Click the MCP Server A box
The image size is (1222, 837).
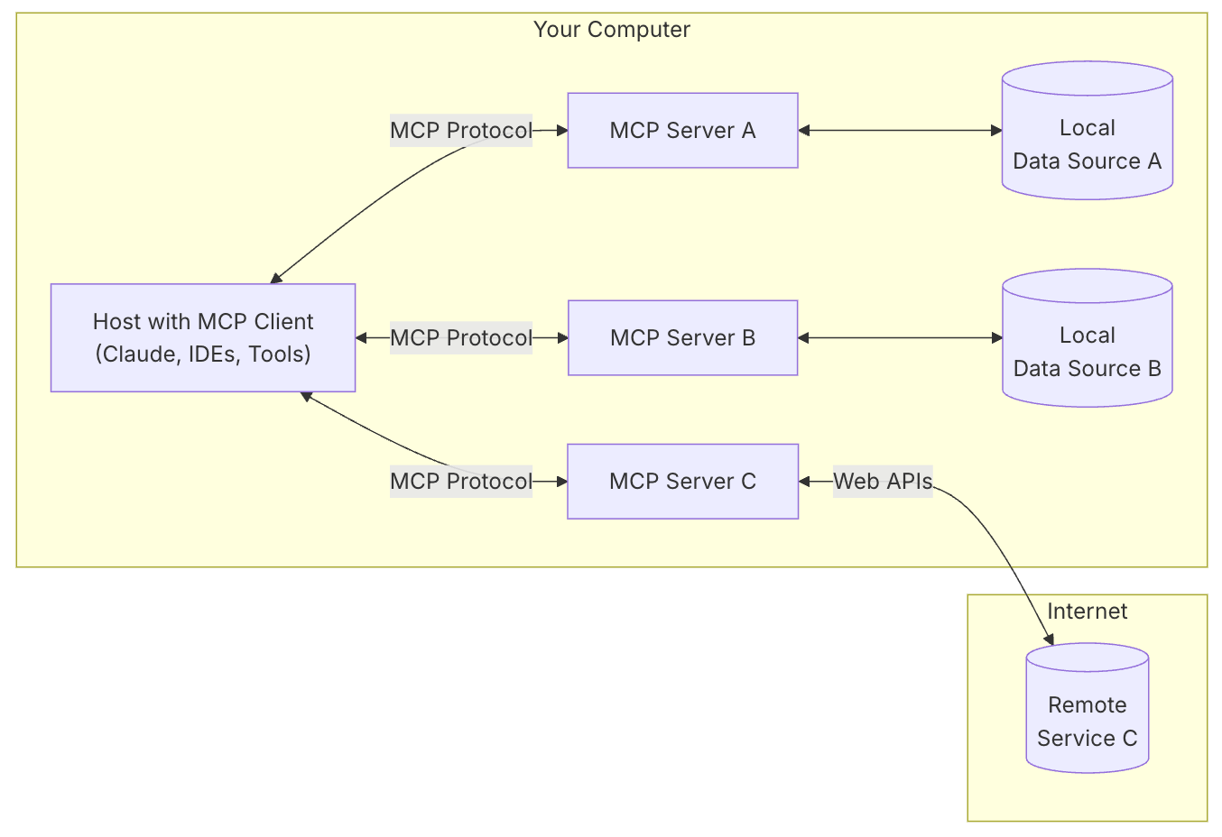tap(682, 131)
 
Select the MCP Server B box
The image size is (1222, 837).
tap(682, 338)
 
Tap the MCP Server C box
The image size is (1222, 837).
tap(682, 482)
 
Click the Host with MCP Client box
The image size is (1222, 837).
tap(203, 338)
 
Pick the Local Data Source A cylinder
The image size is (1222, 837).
tap(1087, 144)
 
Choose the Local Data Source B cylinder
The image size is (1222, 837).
tap(1087, 352)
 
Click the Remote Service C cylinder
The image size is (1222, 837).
tap(1087, 722)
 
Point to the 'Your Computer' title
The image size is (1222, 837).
tap(611, 30)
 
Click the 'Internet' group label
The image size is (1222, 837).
tap(1087, 612)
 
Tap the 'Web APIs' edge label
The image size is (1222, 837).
tap(882, 482)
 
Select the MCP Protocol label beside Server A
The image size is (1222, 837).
tap(460, 131)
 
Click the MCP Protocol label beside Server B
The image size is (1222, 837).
tap(460, 338)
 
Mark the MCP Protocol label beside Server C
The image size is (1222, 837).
tap(460, 482)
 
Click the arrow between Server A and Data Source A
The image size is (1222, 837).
tap(900, 131)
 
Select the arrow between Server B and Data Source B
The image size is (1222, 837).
tap(900, 338)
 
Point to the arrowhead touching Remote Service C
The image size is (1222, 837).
tap(1050, 639)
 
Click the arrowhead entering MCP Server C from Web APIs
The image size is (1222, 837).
tap(804, 482)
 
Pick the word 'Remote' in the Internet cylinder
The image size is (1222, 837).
tap(1087, 705)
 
